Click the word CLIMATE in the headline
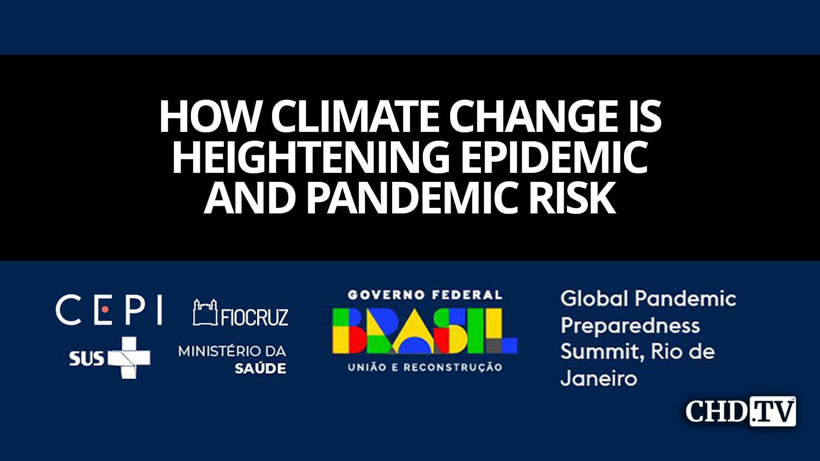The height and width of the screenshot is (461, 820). pos(355,117)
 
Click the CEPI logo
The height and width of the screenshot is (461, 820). pos(109,310)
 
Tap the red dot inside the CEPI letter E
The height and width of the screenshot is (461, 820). pos(104,309)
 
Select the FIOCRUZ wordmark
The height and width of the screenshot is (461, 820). pos(255,317)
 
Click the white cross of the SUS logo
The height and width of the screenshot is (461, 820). pos(129,358)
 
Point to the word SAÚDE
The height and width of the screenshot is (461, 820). pos(260,368)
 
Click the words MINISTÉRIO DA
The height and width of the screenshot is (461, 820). pos(232,351)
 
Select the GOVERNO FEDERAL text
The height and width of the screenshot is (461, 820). pos(425,295)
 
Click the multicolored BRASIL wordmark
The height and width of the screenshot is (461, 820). pos(425,331)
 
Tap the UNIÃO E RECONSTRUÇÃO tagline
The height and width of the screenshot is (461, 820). pos(425,367)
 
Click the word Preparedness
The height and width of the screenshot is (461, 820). pos(630,326)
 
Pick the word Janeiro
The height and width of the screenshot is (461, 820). pos(598,379)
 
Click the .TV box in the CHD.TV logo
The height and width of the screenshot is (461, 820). pos(773,411)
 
